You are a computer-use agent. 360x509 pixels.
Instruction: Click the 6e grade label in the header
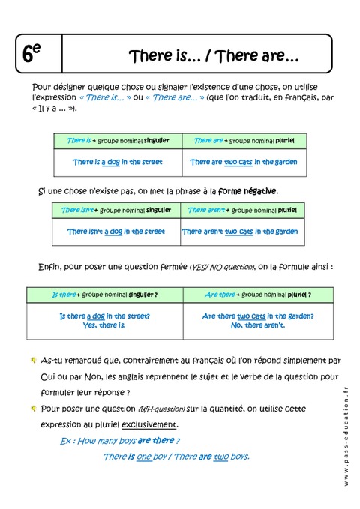pos(32,53)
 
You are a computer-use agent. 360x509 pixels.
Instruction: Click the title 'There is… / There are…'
pos(214,56)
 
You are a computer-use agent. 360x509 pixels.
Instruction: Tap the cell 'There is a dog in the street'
pos(118,162)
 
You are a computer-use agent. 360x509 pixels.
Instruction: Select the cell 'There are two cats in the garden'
pos(244,162)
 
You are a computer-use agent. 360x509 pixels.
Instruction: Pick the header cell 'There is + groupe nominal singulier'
pos(118,140)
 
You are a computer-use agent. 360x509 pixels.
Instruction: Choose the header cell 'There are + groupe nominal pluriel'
pos(244,140)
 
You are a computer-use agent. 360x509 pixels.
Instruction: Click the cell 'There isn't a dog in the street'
pos(115,232)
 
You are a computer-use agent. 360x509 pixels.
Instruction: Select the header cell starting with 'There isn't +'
pos(115,210)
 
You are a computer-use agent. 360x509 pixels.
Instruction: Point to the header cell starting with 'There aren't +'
pos(242,210)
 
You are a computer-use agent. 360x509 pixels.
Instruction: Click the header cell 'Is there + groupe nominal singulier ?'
pos(105,295)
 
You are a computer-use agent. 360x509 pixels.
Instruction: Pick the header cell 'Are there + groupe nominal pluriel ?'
pos(258,295)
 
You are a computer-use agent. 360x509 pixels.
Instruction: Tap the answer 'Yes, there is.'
pos(105,325)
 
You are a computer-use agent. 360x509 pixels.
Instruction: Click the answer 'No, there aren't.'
pos(258,325)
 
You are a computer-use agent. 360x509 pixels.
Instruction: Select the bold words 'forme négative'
pos(249,190)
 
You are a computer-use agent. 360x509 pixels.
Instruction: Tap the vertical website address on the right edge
pos(346,434)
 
